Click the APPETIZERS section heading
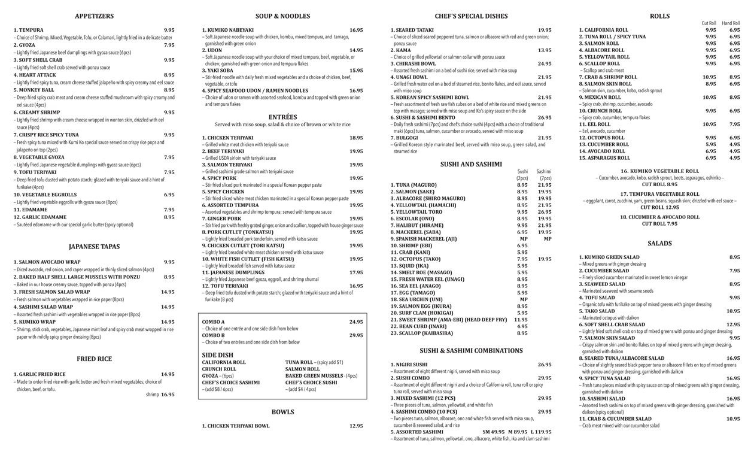coord(94,16)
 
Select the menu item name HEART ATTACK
coord(35,75)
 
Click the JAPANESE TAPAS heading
coord(94,247)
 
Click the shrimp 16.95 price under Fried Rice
coord(160,395)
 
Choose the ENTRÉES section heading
coord(282,117)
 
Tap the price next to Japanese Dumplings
coord(356,272)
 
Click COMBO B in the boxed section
coord(214,335)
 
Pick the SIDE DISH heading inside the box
coord(218,354)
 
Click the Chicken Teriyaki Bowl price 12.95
coord(356,426)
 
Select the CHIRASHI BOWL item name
coord(413,63)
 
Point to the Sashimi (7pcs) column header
coord(544,175)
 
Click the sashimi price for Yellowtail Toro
coord(545,211)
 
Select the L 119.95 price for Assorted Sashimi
coord(539,432)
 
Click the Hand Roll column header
coord(731,23)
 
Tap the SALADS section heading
coord(659,244)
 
